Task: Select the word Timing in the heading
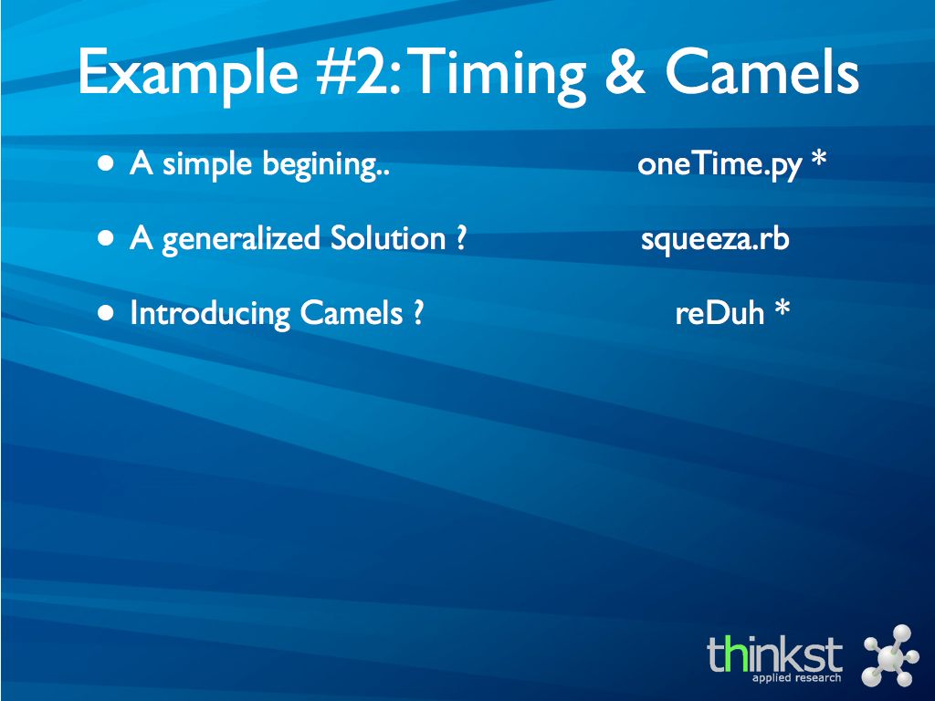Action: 498,76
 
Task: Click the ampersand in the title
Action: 625,72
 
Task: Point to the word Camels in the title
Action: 762,72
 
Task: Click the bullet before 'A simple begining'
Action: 106,163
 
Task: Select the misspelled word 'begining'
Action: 326,165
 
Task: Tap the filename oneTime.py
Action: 720,165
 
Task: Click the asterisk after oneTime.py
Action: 819,159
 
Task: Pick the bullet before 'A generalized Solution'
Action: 106,238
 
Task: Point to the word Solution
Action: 387,238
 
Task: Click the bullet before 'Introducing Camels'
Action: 106,313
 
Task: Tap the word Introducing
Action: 211,314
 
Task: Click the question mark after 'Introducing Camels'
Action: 417,312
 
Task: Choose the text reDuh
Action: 720,313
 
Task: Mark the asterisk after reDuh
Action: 782,309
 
